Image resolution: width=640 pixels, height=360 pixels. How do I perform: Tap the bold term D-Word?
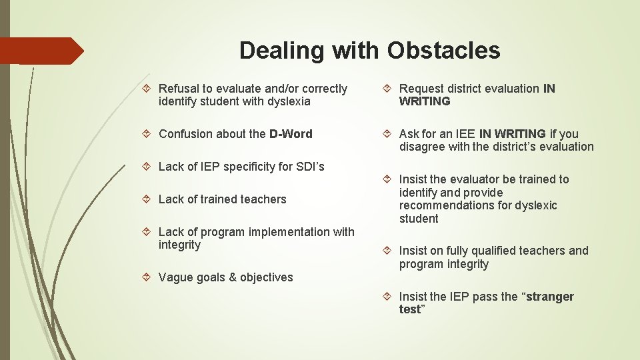tap(291, 134)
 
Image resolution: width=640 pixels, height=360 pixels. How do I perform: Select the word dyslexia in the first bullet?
tap(287, 101)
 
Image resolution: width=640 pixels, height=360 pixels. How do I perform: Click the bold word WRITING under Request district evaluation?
tap(425, 101)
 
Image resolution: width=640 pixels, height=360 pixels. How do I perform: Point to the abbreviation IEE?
tap(467, 134)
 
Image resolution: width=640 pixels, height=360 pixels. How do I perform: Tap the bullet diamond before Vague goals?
tap(148, 277)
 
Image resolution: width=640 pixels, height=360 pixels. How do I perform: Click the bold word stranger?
tap(550, 297)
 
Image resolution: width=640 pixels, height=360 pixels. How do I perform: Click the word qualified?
tap(488, 251)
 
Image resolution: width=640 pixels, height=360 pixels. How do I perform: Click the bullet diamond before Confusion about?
tap(148, 134)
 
